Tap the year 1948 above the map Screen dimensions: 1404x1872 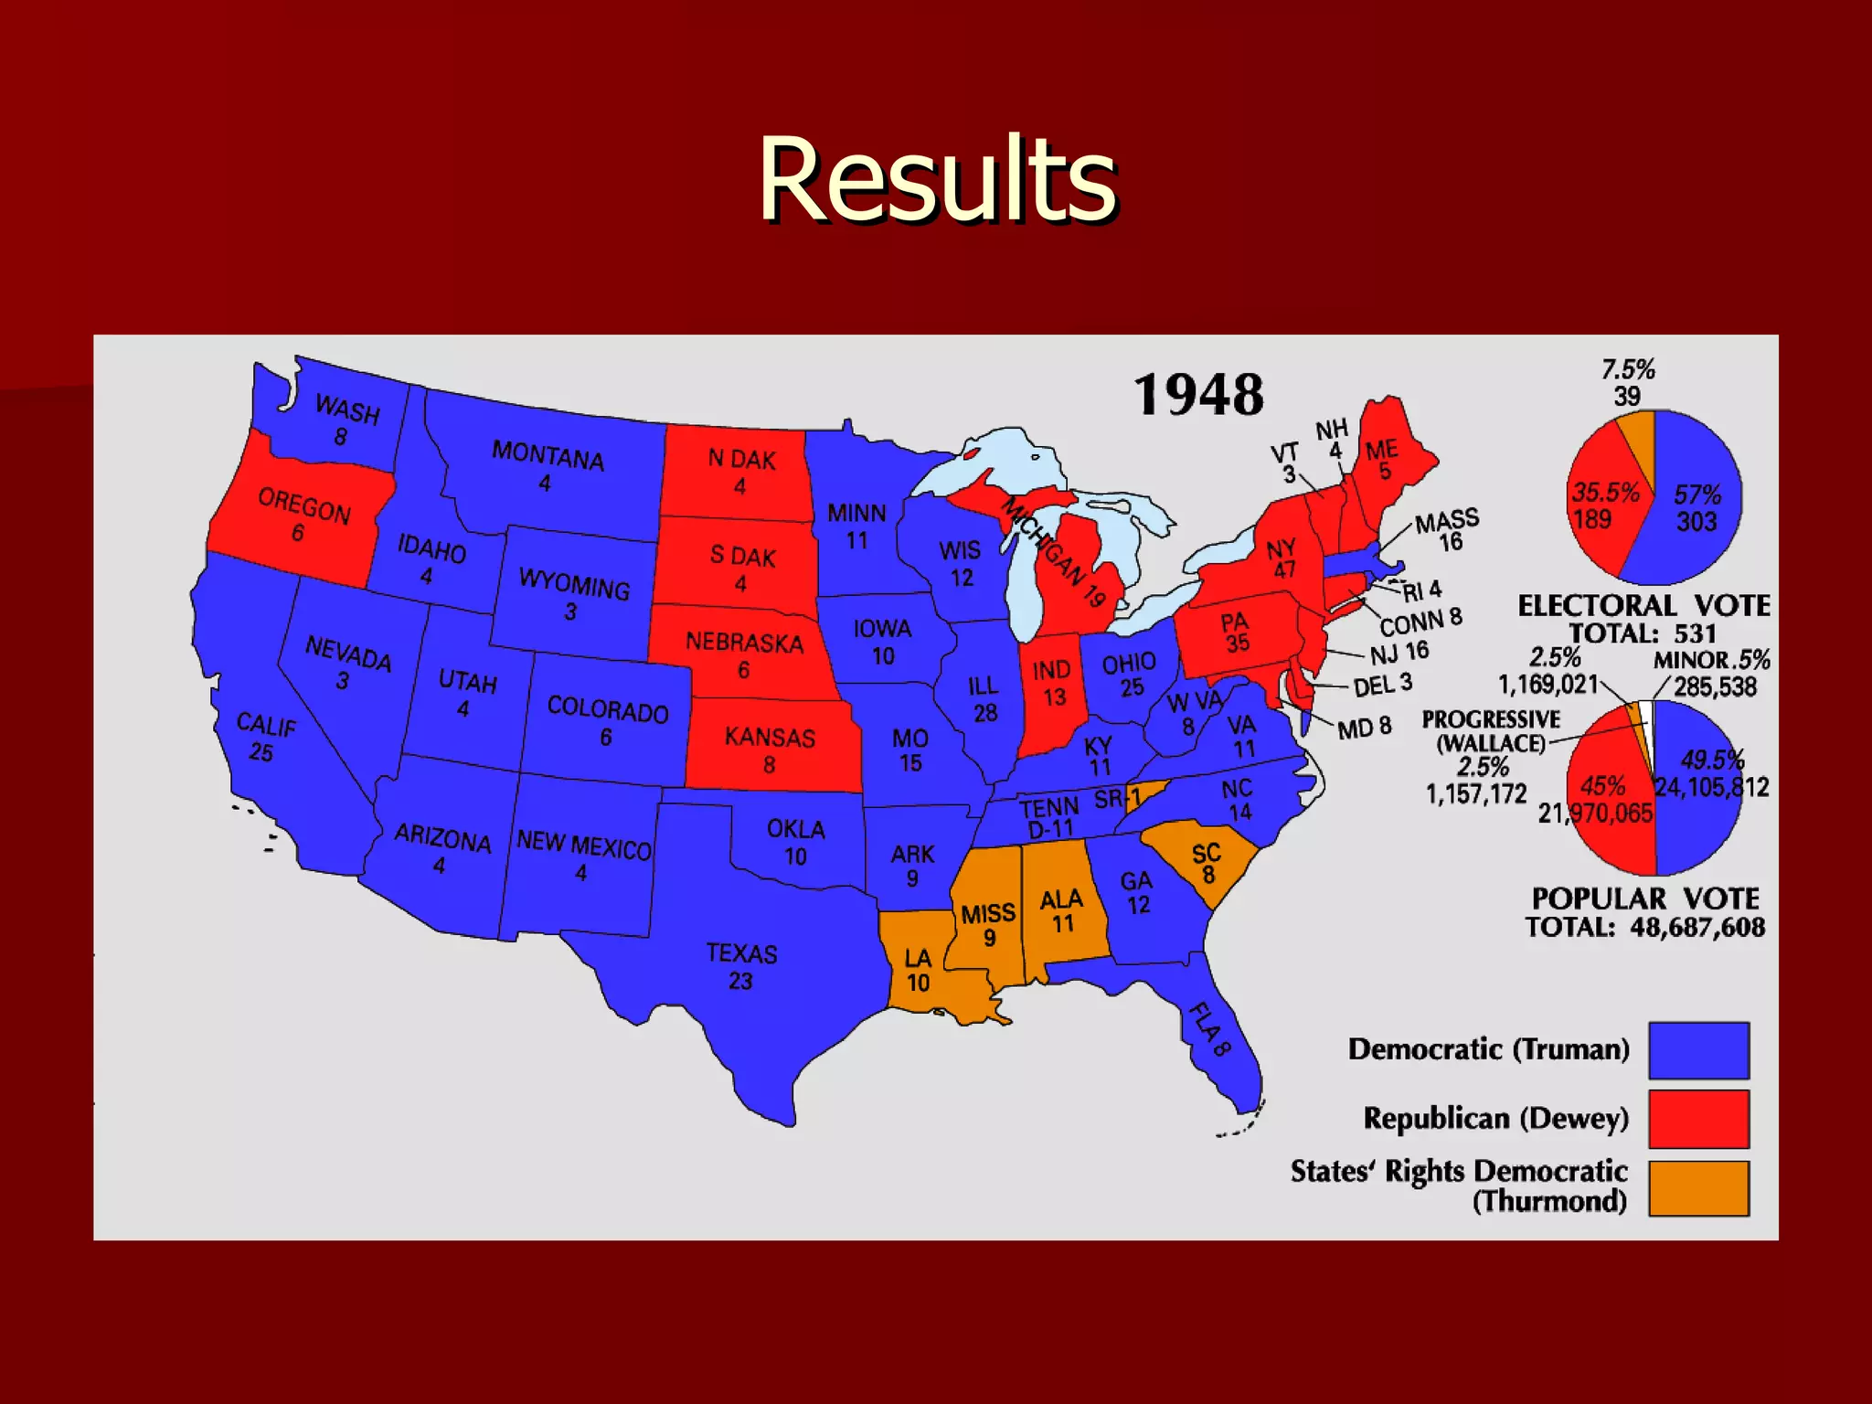[x=1198, y=395]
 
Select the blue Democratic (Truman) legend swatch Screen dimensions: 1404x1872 [x=1698, y=1050]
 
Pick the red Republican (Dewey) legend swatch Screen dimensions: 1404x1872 [x=1698, y=1119]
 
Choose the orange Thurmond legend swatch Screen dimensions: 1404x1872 [x=1698, y=1188]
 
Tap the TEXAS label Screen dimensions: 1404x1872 [x=741, y=954]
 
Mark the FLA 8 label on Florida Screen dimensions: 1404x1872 [x=1209, y=1029]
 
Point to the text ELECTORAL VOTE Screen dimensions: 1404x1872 [x=1643, y=605]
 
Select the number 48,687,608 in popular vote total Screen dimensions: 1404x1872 [x=1697, y=927]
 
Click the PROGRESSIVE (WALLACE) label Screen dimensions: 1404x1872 [x=1491, y=731]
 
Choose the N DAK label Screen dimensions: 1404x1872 [x=741, y=460]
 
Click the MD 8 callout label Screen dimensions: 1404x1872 [x=1364, y=728]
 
